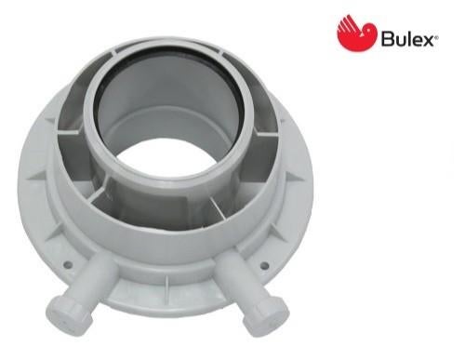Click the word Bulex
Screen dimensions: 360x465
coord(406,39)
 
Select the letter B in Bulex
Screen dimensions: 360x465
coord(387,39)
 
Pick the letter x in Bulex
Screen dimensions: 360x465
coord(427,41)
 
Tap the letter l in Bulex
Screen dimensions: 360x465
coord(408,39)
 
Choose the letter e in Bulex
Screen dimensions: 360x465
coord(417,41)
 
